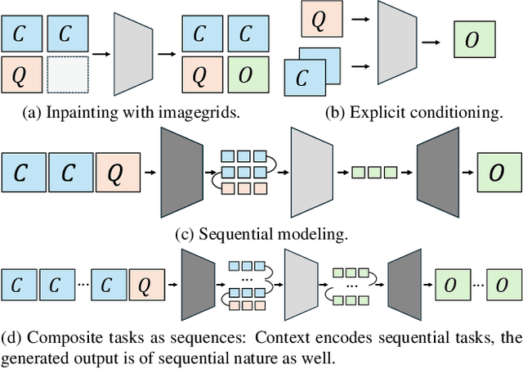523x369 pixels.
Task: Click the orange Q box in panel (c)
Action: (117, 173)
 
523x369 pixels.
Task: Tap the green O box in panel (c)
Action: (496, 173)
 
